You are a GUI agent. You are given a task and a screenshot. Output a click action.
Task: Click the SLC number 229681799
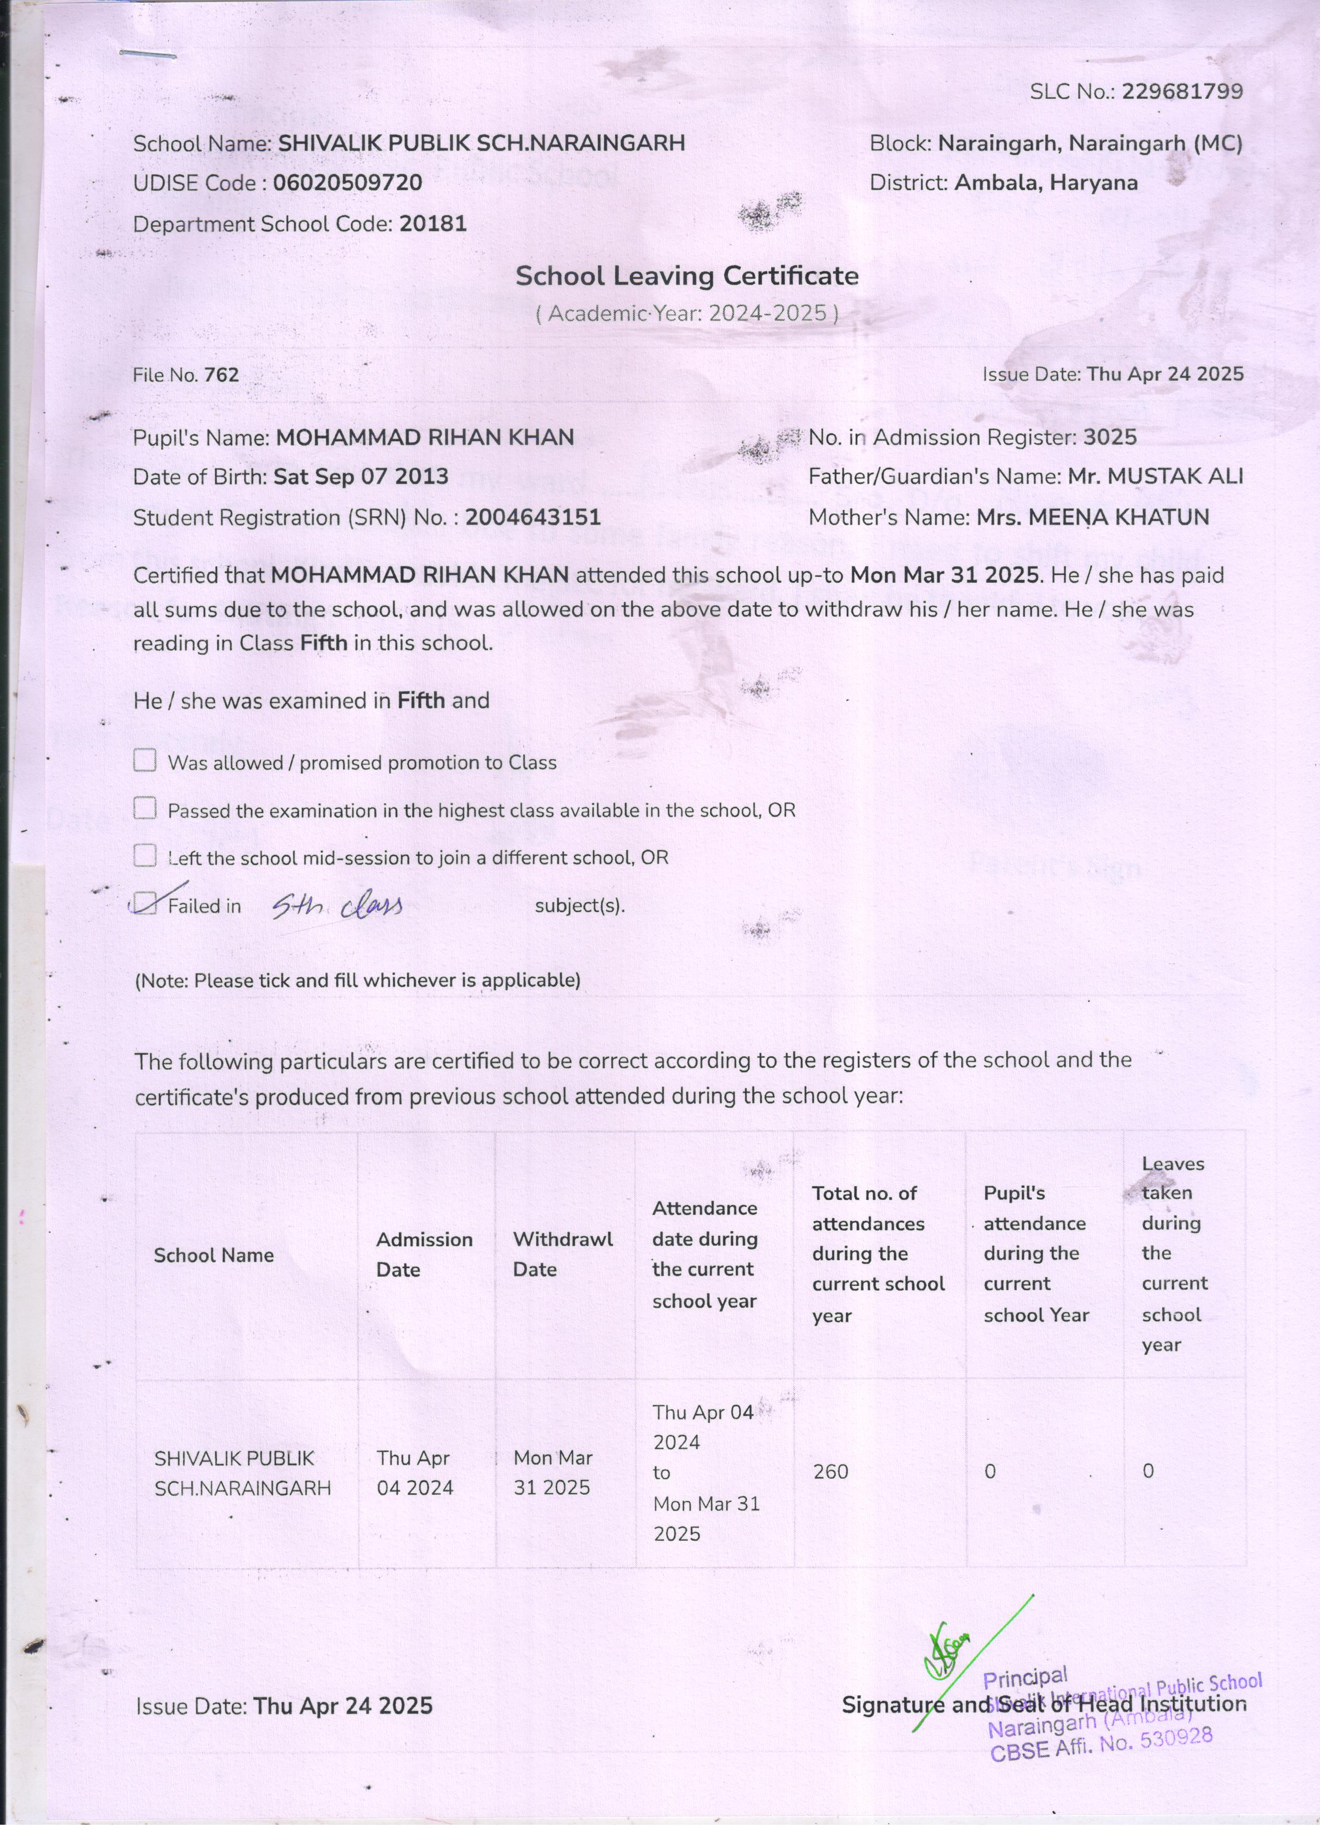click(1181, 92)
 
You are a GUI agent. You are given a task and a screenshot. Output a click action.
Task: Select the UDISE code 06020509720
click(347, 182)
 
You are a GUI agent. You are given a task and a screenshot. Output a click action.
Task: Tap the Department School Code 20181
click(433, 223)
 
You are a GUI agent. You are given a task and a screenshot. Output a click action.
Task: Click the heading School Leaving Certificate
click(687, 276)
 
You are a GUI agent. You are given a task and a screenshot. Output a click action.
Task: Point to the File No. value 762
click(221, 374)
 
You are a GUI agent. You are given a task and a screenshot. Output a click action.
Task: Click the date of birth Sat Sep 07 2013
click(361, 476)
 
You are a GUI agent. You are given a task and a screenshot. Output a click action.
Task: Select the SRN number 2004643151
click(533, 517)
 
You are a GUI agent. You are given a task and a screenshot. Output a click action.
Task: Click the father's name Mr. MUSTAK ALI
click(1154, 476)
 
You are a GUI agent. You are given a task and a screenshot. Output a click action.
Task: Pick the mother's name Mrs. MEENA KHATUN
click(1092, 517)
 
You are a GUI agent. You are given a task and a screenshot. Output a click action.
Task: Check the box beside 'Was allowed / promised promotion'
click(145, 761)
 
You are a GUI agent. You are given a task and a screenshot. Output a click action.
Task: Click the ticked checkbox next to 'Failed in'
click(145, 903)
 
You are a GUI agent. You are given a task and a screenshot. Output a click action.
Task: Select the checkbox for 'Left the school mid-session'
click(145, 856)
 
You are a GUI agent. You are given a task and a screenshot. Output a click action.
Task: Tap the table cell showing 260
click(831, 1471)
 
